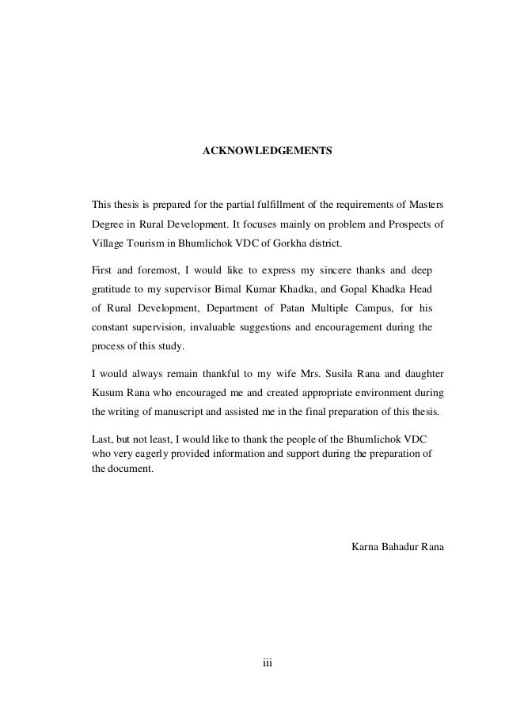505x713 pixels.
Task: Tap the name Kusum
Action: (x=108, y=391)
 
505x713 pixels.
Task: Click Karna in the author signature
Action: (x=363, y=548)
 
